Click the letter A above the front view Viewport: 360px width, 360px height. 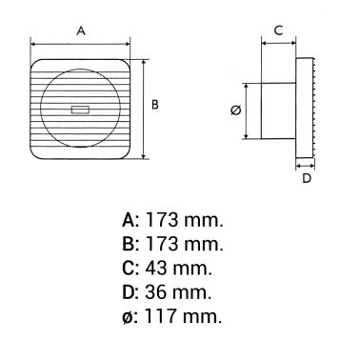81,30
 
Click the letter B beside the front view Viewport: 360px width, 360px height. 154,105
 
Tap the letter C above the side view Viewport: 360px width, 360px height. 278,30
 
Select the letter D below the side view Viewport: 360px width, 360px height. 307,177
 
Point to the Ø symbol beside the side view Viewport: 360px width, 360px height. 236,110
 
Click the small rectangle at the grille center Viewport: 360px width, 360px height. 79,110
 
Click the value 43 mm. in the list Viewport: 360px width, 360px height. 185,268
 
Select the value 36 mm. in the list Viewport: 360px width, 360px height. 185,291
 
